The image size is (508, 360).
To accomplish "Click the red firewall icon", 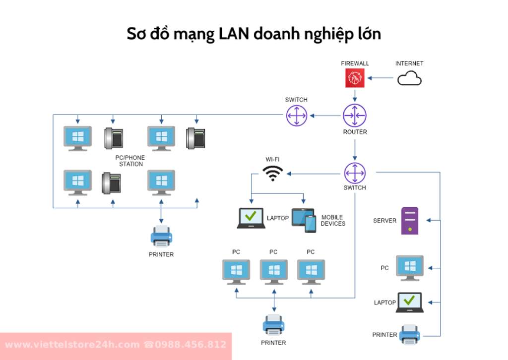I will (x=355, y=77).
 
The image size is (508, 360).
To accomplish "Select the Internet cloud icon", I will (x=410, y=78).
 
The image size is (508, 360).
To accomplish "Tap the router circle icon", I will (x=355, y=116).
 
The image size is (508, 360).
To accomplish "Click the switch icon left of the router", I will (x=296, y=116).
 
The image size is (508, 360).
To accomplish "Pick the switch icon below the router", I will (x=355, y=173).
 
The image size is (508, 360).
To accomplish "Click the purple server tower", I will (x=409, y=221).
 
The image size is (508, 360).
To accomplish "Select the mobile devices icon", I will (x=304, y=220).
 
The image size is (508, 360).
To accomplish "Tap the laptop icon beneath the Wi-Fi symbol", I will (x=251, y=218).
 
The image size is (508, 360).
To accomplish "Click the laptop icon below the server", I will (x=409, y=302).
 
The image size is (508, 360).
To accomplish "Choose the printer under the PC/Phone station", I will (x=161, y=237).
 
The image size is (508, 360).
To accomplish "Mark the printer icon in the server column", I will (x=409, y=334).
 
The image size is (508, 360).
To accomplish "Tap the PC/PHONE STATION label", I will (x=130, y=161).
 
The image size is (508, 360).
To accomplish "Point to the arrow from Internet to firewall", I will (x=381, y=78).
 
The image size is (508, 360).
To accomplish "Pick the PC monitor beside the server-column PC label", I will (x=409, y=268).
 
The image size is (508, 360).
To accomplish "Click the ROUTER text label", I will (x=355, y=132).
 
